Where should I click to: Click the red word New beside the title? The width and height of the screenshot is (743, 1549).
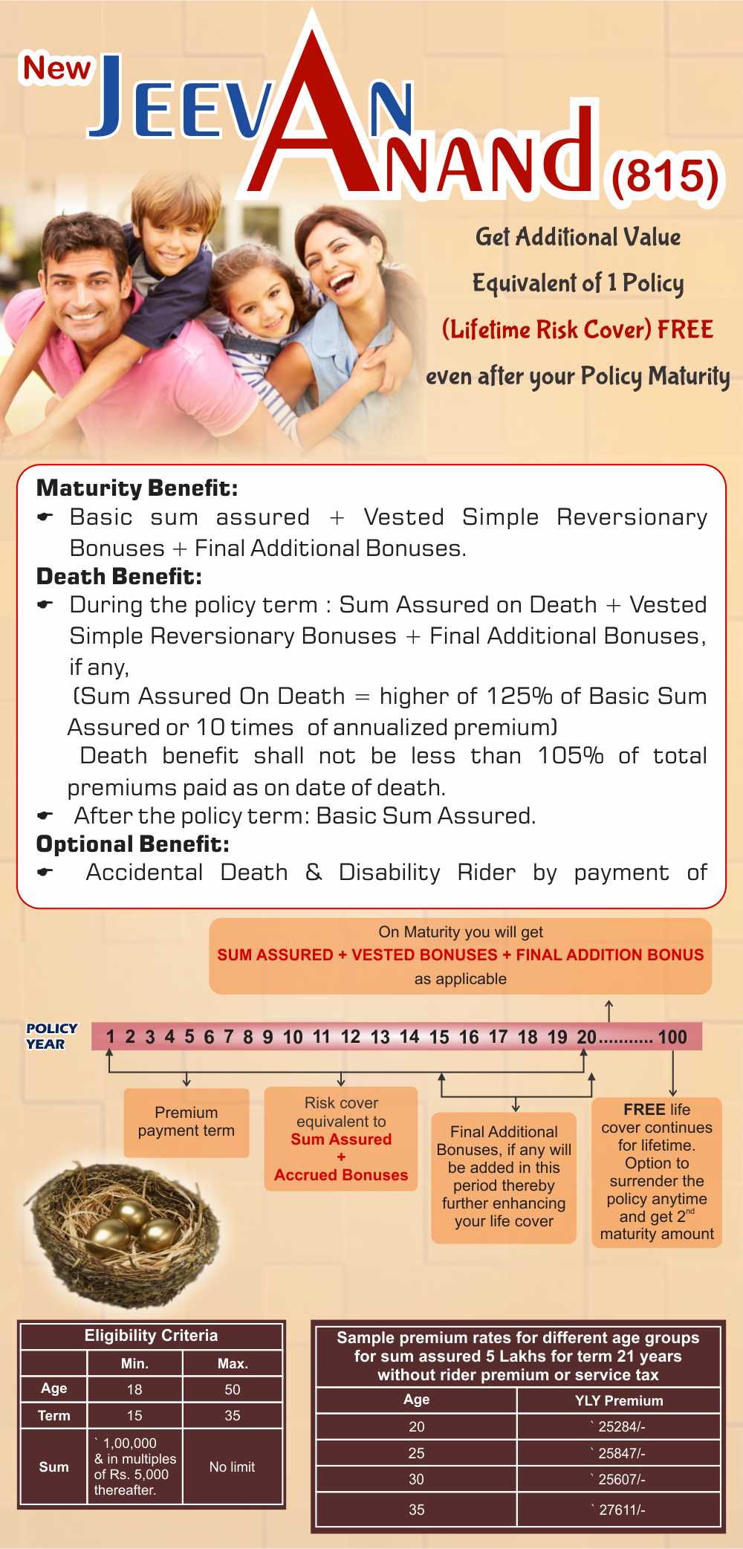56,68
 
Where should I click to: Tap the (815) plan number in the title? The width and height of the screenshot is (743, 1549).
665,176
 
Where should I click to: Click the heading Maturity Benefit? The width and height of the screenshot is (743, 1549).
137,488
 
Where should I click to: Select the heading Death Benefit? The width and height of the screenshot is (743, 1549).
119,576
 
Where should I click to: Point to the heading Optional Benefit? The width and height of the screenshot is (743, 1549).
133,844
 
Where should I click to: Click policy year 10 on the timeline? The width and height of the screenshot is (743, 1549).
293,1037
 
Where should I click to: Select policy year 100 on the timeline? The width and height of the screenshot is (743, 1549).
672,1037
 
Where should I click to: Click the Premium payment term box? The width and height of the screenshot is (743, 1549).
186,1122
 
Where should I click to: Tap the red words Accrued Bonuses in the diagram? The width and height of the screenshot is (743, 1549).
341,1174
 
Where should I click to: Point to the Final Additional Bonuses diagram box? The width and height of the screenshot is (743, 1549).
504,1176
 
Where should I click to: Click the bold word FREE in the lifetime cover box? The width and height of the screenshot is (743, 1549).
643,1109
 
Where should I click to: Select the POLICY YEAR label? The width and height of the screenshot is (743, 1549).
51,1035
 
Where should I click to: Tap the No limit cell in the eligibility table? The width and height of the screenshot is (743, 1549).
232,1466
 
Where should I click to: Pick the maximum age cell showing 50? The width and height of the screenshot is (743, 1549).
233,1389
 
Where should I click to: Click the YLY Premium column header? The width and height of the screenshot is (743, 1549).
618,1400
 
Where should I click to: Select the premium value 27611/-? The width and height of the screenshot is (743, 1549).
618,1510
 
